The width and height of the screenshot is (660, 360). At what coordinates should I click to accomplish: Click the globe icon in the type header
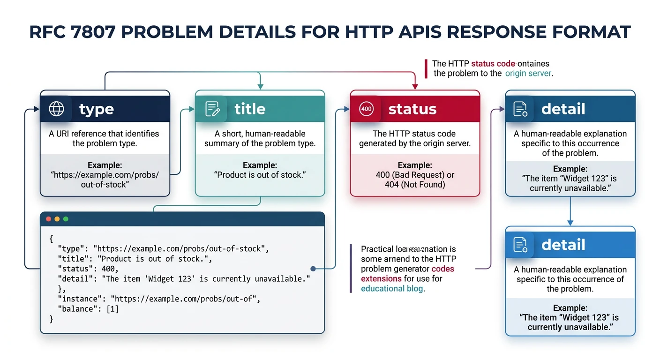pos(56,109)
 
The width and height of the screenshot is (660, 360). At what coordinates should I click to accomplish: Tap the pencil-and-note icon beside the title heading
pos(212,109)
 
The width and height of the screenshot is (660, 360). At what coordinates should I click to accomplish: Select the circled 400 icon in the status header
pos(366,109)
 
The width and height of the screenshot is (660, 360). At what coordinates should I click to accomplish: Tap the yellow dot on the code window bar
pos(57,219)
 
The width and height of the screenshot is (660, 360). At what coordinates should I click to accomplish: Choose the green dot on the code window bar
pos(66,219)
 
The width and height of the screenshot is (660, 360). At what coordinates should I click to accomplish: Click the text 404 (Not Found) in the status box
pos(415,185)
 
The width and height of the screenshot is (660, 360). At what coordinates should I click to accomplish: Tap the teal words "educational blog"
pos(392,289)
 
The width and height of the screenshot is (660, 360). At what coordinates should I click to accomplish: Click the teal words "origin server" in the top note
pos(528,74)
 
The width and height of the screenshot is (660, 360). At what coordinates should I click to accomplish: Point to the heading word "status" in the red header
pos(412,109)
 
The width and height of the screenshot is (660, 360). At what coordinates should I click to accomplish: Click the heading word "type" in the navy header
pos(97,109)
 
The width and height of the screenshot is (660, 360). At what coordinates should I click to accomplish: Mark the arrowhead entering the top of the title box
pos(260,87)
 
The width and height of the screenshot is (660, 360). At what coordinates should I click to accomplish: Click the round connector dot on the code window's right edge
pos(313,269)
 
